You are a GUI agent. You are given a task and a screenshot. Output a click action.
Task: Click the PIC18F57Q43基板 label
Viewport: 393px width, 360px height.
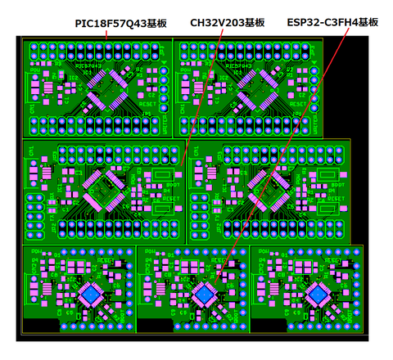point(120,24)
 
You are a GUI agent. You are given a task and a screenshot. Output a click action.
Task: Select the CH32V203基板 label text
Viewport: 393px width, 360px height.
point(227,24)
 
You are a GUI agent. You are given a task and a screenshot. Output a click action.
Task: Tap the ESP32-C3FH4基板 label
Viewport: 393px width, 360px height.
point(332,24)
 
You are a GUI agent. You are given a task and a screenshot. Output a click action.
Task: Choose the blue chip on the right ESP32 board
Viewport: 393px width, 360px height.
point(316,293)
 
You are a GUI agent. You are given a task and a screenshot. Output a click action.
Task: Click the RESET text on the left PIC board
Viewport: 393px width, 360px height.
point(148,105)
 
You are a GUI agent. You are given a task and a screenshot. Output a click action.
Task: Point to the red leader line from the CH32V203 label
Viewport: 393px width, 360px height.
point(201,98)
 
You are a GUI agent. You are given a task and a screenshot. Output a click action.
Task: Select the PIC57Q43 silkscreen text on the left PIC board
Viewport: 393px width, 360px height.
point(89,63)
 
